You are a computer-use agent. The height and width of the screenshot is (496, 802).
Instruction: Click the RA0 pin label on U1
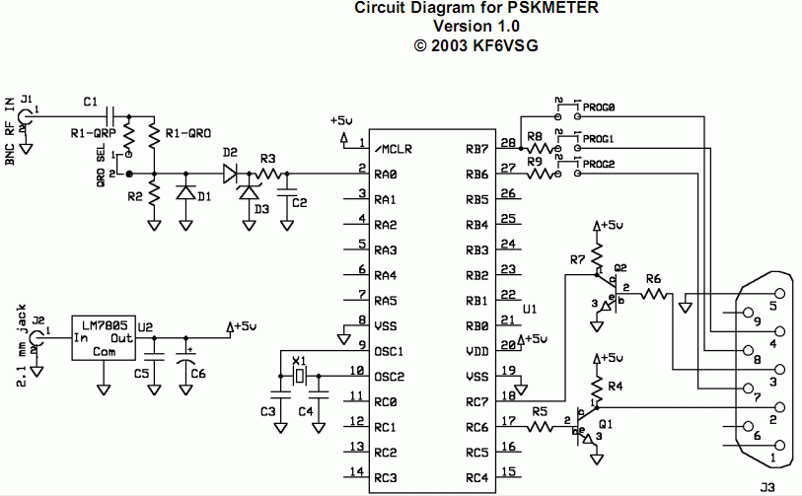386,175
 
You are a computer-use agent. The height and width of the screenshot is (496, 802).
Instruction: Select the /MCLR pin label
393,150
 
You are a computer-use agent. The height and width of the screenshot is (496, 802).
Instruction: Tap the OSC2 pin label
390,376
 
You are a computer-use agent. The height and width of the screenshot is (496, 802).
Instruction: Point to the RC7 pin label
478,400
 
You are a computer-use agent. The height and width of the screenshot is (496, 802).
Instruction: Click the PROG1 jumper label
599,138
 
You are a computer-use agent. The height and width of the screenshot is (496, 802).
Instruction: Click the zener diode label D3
261,210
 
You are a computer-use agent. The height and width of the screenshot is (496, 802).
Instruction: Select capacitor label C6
197,374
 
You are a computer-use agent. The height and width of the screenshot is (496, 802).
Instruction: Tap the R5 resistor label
539,412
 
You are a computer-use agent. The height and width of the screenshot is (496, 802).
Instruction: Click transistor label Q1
606,425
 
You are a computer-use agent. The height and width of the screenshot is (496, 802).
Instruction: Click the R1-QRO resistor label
188,132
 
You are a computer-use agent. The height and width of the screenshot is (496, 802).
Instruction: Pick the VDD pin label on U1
477,350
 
